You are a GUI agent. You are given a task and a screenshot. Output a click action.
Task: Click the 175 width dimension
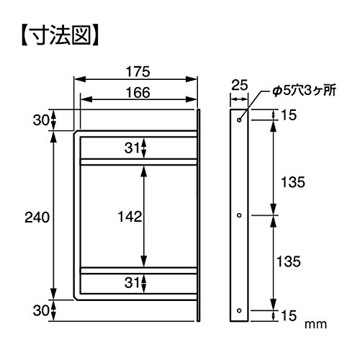tap(138, 71)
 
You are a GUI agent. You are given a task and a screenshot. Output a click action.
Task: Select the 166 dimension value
tap(138, 92)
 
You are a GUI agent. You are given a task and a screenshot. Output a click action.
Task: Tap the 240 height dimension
tap(37, 217)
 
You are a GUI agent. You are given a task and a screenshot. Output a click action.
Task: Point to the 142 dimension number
tap(130, 217)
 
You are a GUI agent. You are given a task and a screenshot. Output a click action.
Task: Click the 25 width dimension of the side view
tap(239, 85)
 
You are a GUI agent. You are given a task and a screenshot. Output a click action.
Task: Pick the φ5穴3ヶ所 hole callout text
tap(304, 91)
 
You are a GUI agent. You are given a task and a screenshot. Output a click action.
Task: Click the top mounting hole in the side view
tap(239, 120)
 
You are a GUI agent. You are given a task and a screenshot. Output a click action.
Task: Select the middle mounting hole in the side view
tap(239, 215)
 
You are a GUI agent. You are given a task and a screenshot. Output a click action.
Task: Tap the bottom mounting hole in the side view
tap(239, 310)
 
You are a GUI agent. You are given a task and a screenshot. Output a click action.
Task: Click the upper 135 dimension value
tap(293, 182)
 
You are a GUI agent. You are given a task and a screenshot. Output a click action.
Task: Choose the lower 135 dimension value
tap(289, 261)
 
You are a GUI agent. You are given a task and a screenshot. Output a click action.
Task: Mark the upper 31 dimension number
tap(132, 148)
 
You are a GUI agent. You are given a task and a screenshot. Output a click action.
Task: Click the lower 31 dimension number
tap(132, 283)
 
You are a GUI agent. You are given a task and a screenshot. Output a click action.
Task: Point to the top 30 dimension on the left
tap(41, 120)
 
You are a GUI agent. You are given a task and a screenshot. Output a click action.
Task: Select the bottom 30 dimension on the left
tap(41, 310)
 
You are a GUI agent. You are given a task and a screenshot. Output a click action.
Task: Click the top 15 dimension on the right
tap(289, 115)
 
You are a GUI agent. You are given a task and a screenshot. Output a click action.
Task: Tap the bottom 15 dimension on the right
tap(289, 315)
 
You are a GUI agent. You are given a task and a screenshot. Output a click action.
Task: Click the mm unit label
tap(315, 325)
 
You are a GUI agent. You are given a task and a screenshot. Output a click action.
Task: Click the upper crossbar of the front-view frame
tap(139, 162)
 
